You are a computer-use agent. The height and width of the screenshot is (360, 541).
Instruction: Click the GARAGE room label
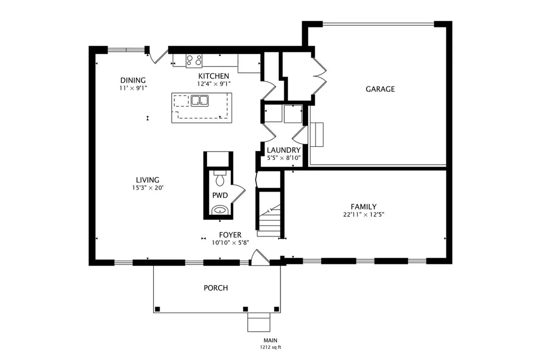[x=380, y=89]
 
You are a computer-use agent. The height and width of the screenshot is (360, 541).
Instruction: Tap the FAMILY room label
[x=363, y=206]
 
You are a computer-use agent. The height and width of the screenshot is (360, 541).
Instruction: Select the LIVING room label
[x=147, y=179]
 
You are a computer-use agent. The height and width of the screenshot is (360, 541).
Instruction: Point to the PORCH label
[x=216, y=288]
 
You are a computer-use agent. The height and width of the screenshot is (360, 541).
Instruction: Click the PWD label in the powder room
[x=220, y=195]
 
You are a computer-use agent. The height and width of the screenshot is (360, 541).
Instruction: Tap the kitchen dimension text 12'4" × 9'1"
[x=213, y=83]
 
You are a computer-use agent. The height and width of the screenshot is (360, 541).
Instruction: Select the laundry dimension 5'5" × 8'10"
[x=284, y=158]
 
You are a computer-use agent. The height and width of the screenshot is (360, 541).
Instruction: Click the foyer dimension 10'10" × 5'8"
[x=230, y=243]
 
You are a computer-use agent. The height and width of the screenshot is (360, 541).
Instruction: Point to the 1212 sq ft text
[x=270, y=347]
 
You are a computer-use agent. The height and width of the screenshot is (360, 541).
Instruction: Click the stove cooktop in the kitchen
[x=194, y=61]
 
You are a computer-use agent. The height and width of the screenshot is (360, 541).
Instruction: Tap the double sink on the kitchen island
[x=200, y=100]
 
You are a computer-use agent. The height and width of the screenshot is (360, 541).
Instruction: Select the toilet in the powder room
[x=219, y=178]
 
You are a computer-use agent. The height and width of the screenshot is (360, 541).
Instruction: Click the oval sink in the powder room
[x=219, y=210]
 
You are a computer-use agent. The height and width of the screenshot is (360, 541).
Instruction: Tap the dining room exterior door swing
[x=158, y=57]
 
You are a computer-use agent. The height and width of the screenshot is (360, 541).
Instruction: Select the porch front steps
[x=258, y=322]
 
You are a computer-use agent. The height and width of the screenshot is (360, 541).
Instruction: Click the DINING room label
[x=133, y=80]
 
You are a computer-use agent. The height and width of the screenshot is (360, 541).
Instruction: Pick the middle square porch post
[x=245, y=309]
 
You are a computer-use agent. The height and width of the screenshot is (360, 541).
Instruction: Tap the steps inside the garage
[x=317, y=135]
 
